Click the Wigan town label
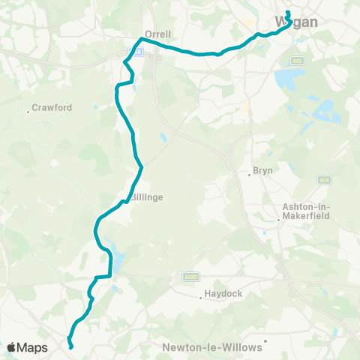(297, 22)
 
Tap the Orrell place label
(158, 34)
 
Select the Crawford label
(52, 108)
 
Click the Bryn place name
(263, 171)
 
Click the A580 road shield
(190, 275)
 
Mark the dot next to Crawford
(28, 112)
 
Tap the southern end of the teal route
(71, 347)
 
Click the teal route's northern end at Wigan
(287, 12)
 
